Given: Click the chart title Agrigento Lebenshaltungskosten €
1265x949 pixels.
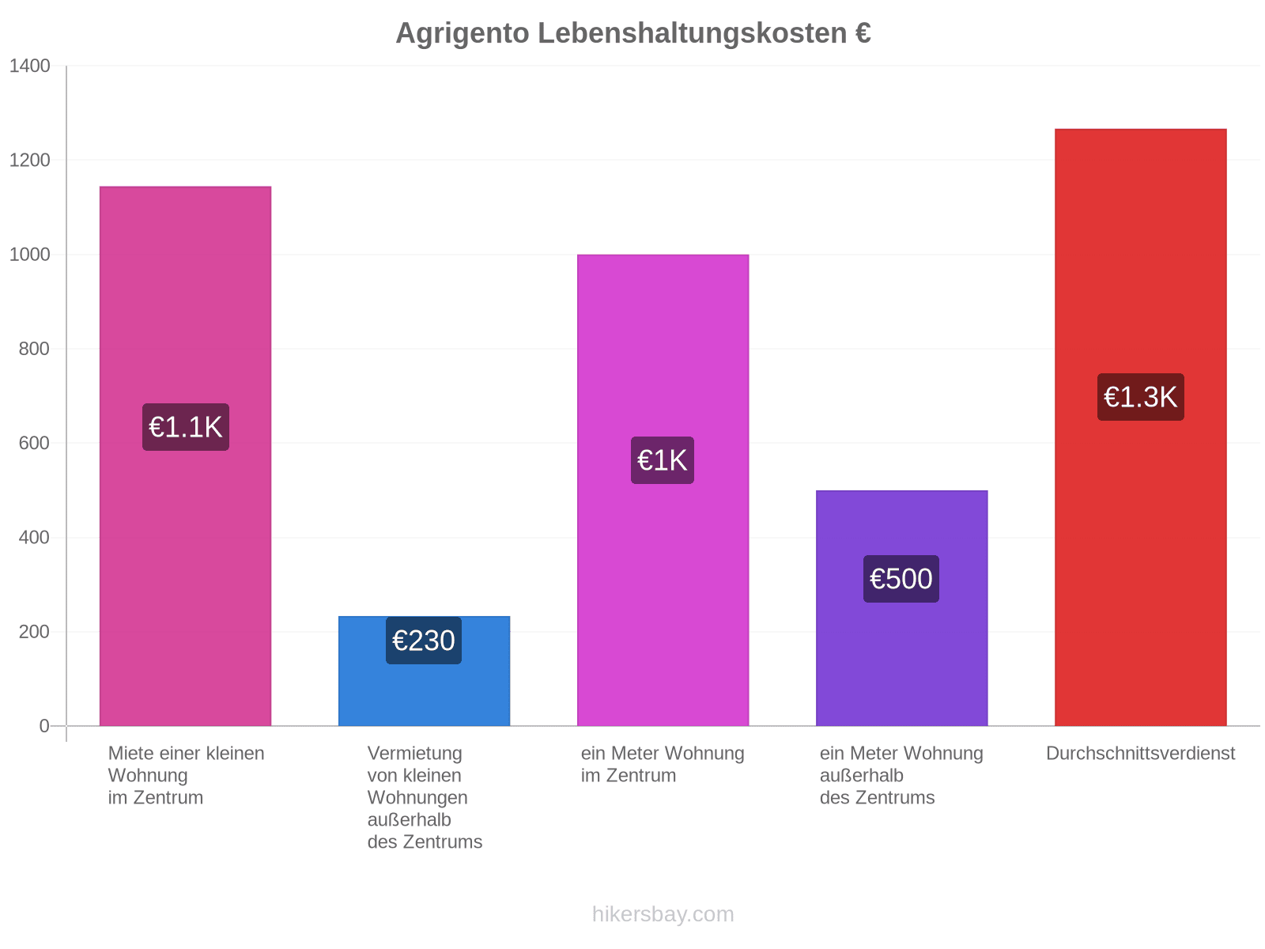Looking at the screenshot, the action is [632, 33].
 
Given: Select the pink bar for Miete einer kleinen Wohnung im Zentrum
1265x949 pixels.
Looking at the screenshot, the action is [185, 456].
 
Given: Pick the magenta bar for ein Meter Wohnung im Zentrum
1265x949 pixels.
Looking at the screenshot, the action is [663, 490].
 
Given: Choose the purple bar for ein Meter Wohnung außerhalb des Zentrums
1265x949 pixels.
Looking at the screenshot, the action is [901, 608].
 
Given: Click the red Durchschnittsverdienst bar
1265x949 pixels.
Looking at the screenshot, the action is [1141, 427].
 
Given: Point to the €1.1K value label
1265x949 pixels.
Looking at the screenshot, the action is [186, 427].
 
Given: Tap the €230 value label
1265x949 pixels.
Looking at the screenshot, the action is [424, 640].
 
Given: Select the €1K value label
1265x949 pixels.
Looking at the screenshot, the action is [663, 460].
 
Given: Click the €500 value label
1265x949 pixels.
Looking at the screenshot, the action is [901, 579].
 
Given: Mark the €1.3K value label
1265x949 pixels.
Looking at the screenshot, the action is [1141, 397].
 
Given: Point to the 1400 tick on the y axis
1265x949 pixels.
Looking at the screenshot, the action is [30, 66].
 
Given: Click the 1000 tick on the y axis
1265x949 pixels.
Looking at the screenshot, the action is [30, 254].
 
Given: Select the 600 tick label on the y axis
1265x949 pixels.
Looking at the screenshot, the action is [35, 443].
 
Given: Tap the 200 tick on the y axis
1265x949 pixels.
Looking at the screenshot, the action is [35, 632].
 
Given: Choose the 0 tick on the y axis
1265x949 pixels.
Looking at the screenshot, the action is [44, 726].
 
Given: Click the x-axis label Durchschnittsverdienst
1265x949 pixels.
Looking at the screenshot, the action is [1140, 753].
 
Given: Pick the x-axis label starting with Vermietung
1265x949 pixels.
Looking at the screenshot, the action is [425, 797].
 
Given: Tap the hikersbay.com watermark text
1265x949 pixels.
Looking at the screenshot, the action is [663, 914].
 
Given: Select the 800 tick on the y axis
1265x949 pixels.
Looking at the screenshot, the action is [35, 349].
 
